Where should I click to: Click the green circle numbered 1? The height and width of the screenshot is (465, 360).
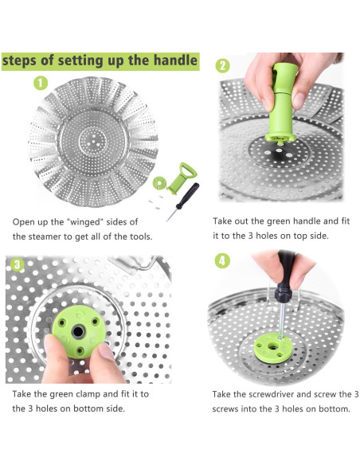click(x=41, y=83)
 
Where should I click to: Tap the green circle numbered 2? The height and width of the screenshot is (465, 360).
click(x=223, y=66)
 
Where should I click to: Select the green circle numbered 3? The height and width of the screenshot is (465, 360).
click(x=18, y=264)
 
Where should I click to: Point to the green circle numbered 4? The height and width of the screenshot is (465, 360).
click(x=222, y=261)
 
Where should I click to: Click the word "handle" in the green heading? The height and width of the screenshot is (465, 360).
click(x=175, y=61)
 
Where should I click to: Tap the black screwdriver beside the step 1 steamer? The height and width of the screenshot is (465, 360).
click(x=182, y=201)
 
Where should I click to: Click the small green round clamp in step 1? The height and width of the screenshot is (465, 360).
click(x=159, y=183)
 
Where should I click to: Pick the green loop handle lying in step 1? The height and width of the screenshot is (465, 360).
click(x=182, y=178)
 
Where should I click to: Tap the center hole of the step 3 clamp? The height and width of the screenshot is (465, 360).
click(x=78, y=331)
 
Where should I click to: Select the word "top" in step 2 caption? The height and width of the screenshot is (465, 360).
click(x=300, y=236)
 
